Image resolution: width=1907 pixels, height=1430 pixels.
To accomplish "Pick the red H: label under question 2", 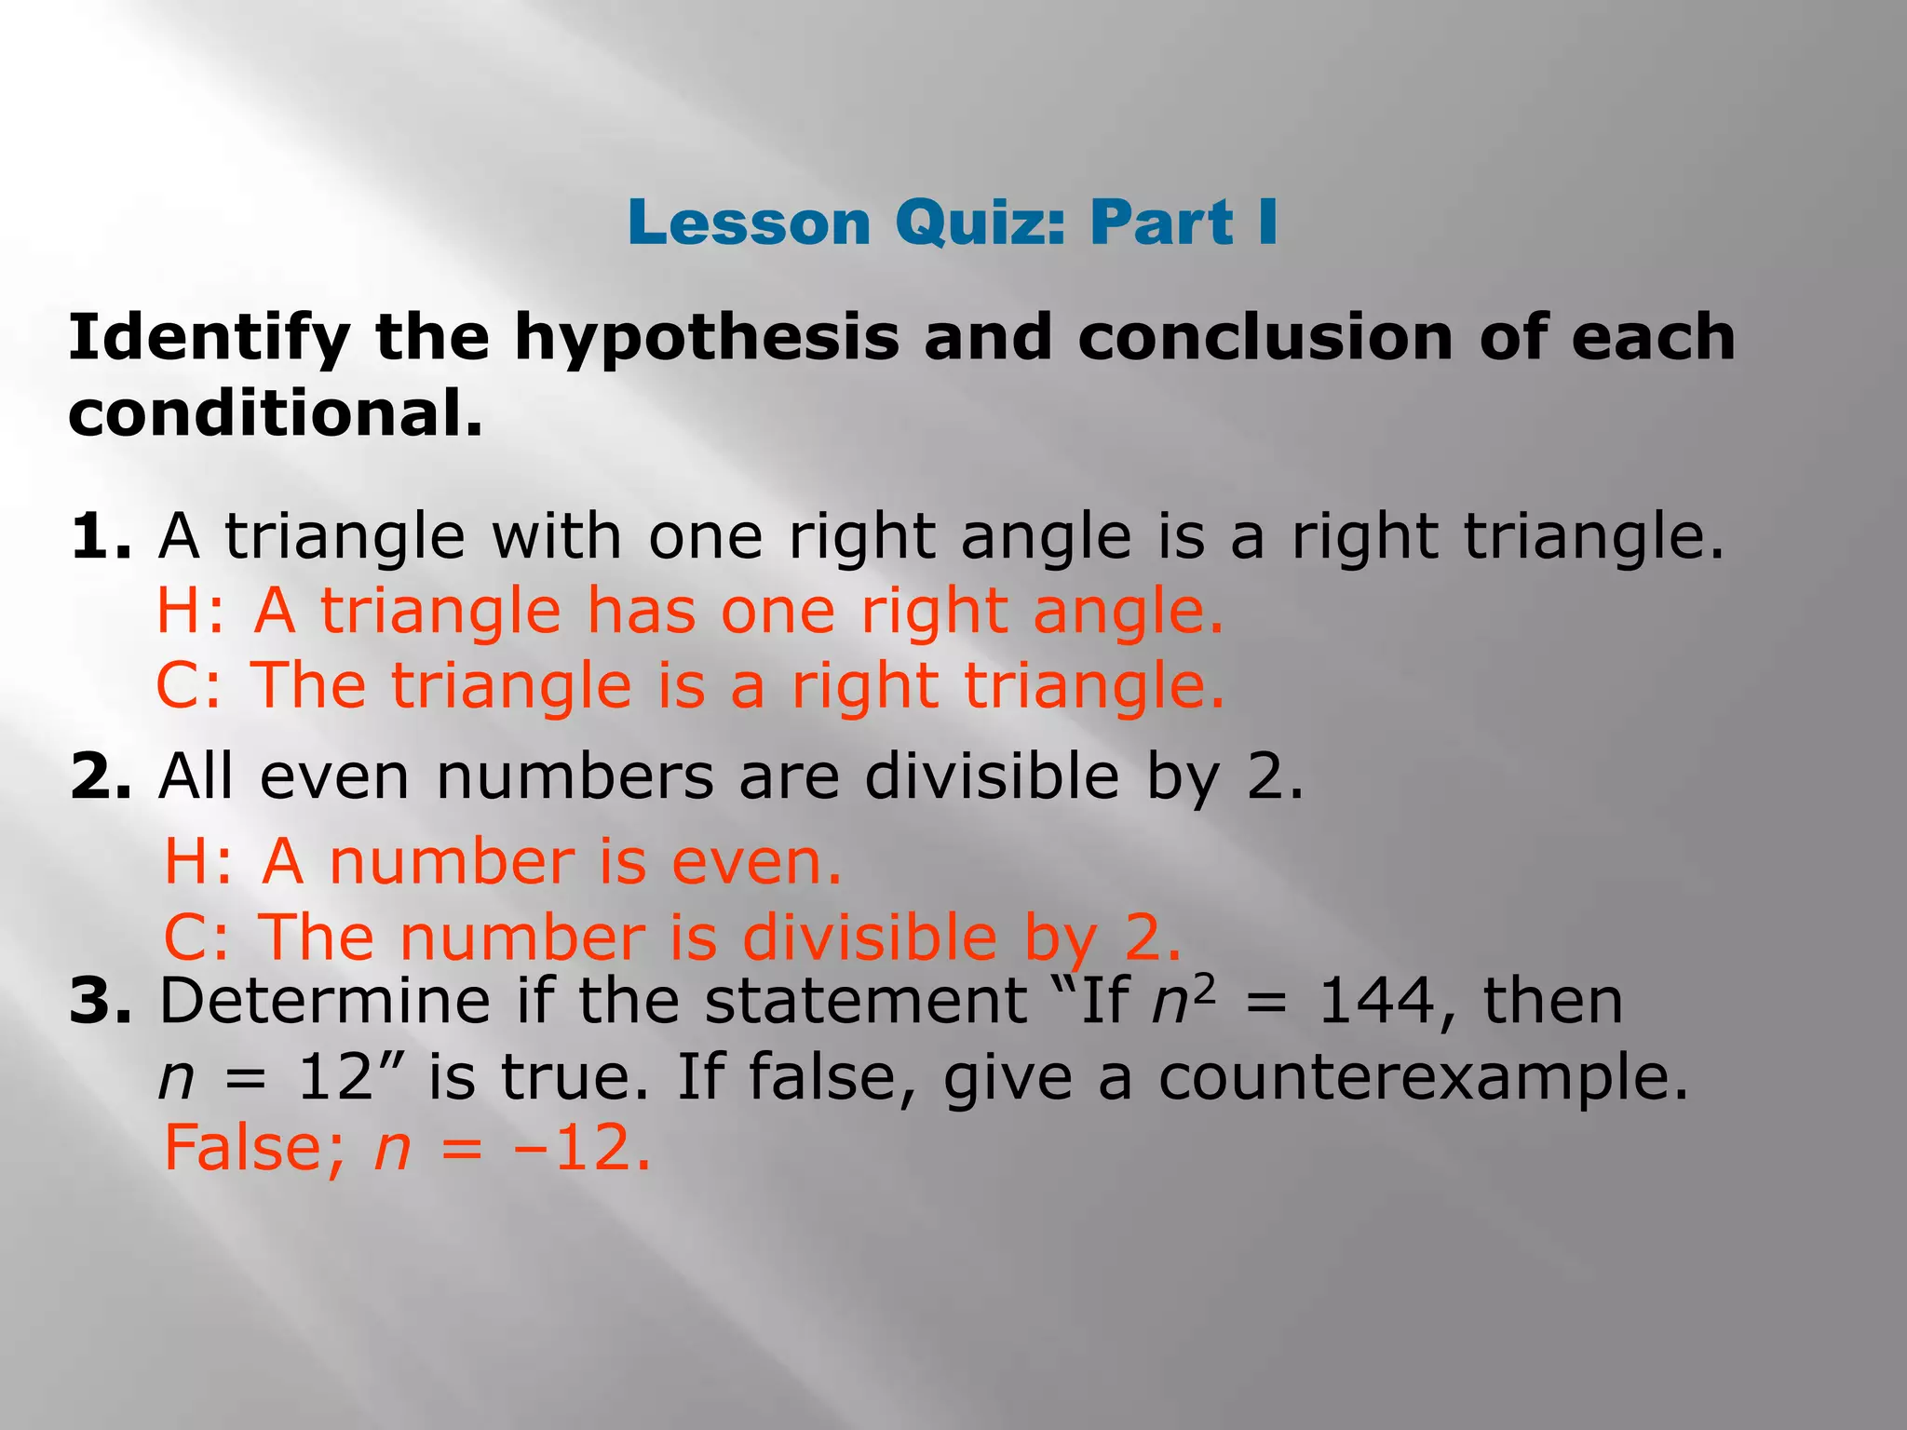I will click(196, 862).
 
